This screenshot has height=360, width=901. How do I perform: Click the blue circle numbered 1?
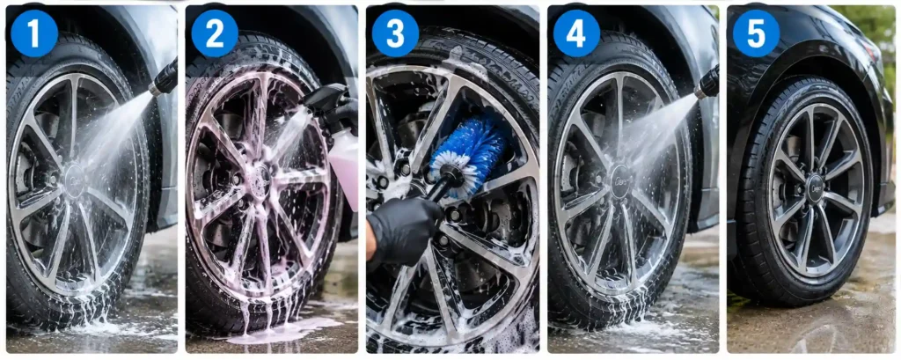point(34,33)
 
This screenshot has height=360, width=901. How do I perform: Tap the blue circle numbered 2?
point(215,33)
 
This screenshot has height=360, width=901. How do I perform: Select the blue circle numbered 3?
point(395,33)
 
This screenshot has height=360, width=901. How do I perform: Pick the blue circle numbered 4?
point(576,33)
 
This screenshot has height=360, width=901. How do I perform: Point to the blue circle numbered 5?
point(756,33)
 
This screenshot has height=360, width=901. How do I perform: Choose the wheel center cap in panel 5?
point(814,188)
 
